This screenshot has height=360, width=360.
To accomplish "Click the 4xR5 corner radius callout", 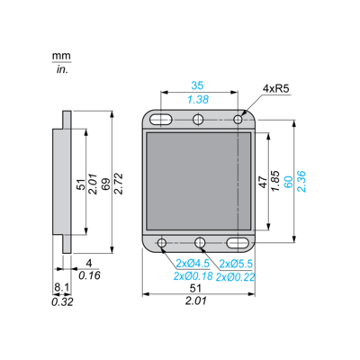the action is coord(275,88).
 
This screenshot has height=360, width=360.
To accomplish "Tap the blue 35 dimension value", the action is coord(197,85).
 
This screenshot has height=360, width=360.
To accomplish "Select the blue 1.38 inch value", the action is coord(198,100).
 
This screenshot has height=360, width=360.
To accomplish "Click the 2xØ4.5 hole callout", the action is coord(193,264).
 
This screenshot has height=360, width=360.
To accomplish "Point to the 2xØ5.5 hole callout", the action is coord(236,264).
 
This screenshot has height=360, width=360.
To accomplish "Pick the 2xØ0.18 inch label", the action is coord(193,276).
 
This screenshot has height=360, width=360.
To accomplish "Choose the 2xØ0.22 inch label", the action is coord(235,277).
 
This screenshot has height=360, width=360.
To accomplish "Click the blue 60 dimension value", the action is coord(288,182).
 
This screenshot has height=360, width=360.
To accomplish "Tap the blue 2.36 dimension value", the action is coord(301,181).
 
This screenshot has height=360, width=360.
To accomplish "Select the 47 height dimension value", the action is coord(263,182).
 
